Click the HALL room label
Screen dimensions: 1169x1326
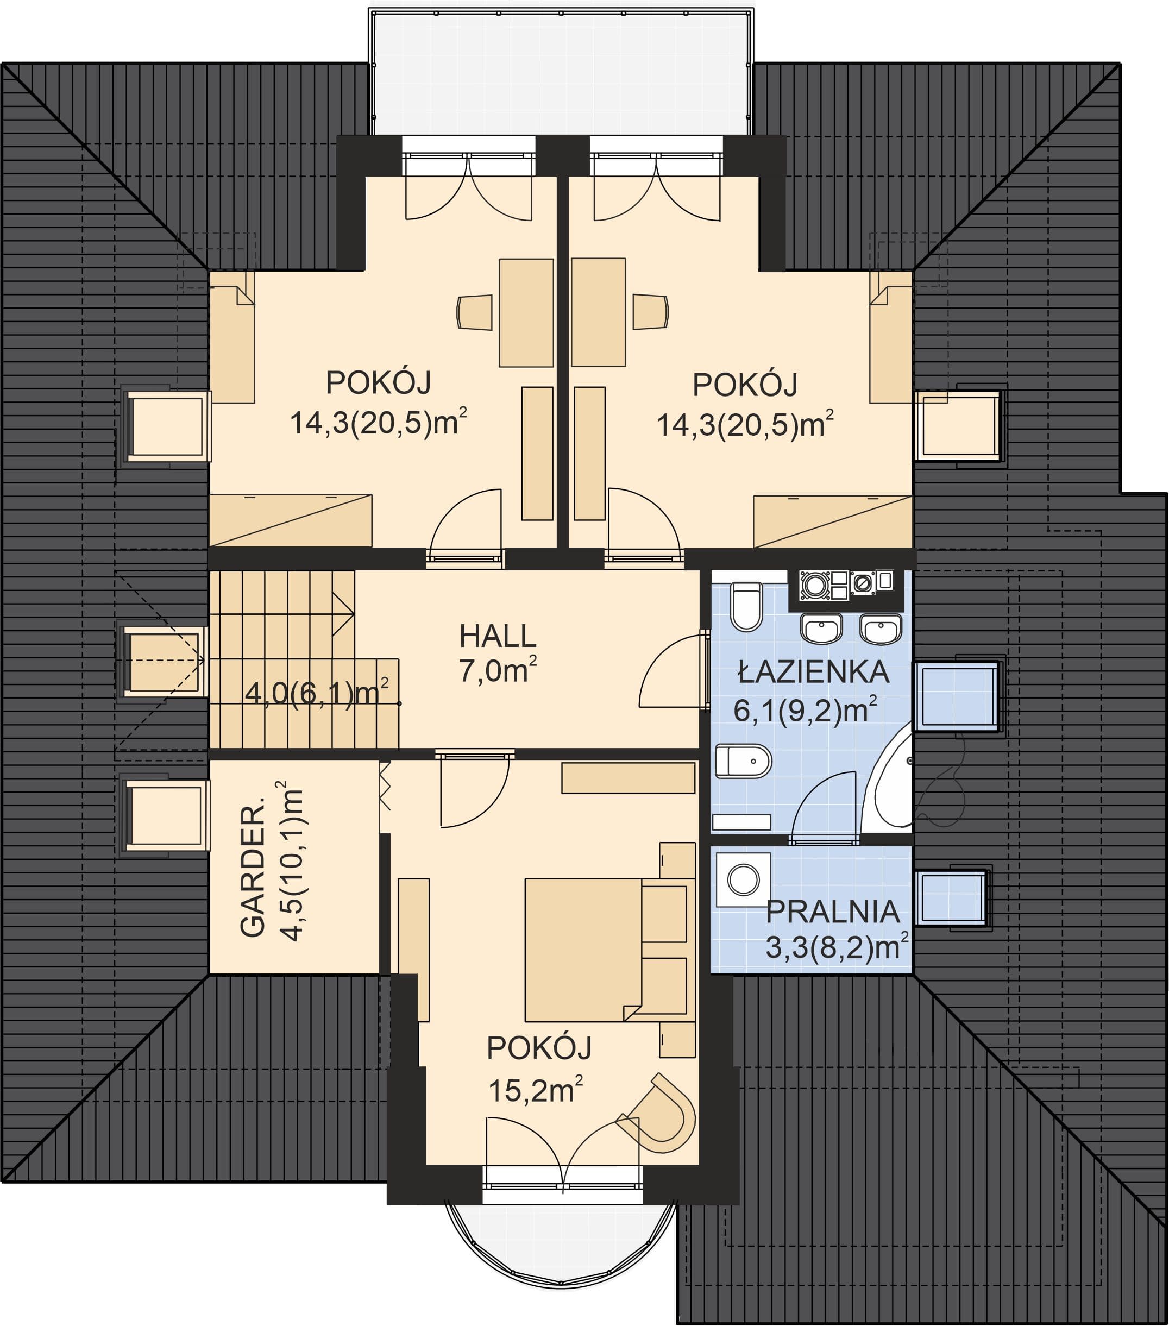[498, 637]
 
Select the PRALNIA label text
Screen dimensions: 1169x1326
[832, 912]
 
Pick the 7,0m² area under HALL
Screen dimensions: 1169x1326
[498, 670]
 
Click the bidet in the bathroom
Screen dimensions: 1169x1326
[744, 761]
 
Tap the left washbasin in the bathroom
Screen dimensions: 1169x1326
[822, 628]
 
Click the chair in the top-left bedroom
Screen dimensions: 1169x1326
[474, 313]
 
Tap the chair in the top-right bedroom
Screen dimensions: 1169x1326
[651, 312]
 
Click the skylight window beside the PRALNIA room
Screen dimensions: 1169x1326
[952, 898]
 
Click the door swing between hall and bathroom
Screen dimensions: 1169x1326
[673, 671]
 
